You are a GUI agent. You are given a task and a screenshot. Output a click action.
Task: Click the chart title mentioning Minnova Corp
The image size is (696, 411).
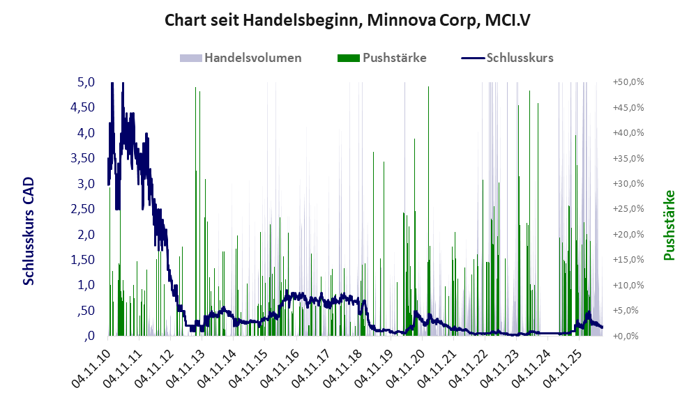tap(347, 20)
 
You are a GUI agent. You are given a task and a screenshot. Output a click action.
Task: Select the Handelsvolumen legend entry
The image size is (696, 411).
tap(241, 58)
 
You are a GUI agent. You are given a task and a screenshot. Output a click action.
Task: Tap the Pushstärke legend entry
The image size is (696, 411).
tap(381, 58)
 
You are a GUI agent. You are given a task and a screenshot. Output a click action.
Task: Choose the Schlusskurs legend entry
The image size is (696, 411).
tap(507, 58)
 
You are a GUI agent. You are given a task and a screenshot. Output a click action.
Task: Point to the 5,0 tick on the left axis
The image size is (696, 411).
tap(86, 82)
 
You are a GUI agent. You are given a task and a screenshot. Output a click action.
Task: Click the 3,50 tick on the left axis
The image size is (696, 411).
tap(83, 158)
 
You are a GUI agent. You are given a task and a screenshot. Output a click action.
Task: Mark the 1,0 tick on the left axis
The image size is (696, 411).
tap(86, 285)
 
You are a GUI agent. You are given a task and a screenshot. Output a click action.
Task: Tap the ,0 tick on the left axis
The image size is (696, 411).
tap(89, 336)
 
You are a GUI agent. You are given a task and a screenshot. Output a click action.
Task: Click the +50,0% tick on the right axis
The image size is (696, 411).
tap(628, 82)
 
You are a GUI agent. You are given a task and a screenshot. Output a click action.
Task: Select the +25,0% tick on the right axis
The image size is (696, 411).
tap(628, 209)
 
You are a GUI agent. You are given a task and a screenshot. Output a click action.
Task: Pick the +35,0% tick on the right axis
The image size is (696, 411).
tap(628, 158)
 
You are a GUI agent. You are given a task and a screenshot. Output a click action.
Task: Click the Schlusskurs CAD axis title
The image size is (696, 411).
tap(29, 231)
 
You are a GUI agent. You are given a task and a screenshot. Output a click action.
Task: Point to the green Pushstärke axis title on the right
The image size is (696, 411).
tap(669, 225)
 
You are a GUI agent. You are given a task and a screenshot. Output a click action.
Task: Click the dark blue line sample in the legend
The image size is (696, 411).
tap(473, 58)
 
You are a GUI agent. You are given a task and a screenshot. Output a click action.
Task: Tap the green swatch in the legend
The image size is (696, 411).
tap(349, 58)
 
